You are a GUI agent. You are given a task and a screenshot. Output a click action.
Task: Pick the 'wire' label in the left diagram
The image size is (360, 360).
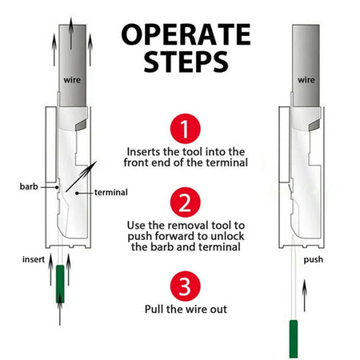coord(71,79)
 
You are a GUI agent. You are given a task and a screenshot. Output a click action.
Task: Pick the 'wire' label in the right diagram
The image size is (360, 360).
coord(306,80)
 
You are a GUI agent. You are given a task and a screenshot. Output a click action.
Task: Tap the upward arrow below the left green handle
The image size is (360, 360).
coord(59,317)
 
